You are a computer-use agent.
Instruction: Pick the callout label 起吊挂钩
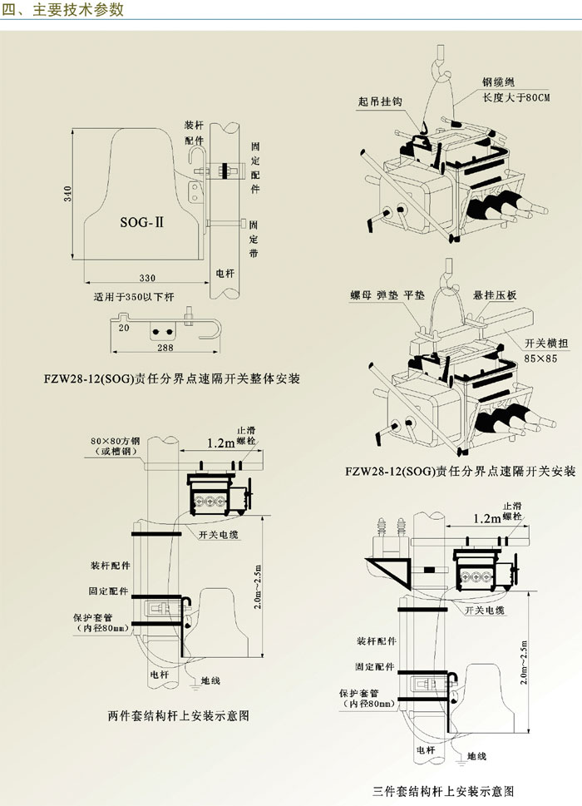click(380, 101)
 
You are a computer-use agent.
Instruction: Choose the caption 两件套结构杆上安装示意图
click(179, 715)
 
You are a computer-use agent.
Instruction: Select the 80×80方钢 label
click(118, 441)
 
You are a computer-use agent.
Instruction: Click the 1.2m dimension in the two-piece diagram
click(221, 444)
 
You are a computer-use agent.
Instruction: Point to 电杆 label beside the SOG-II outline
click(224, 272)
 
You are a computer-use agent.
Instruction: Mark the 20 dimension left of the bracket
click(123, 329)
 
